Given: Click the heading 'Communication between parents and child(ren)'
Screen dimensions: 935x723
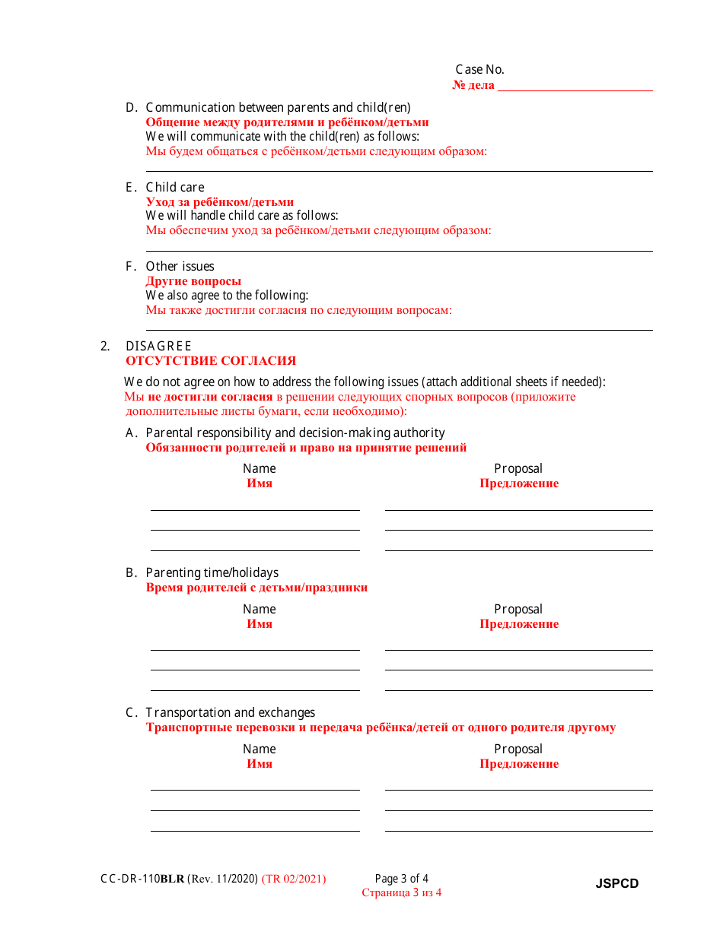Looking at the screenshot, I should [278, 107].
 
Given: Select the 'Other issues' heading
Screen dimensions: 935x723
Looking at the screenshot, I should [180, 266].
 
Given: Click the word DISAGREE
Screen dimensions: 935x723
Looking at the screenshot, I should [158, 346].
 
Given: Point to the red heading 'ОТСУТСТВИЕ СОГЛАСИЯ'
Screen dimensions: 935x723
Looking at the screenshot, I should [211, 361].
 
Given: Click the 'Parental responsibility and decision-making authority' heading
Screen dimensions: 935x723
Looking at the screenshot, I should [295, 433].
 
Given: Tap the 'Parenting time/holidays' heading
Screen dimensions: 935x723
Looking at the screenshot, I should [212, 572].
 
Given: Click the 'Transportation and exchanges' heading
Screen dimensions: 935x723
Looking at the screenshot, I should [230, 712].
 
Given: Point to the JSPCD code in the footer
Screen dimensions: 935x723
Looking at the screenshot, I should [616, 883].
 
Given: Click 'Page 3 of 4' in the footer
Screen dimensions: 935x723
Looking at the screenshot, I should [402, 879].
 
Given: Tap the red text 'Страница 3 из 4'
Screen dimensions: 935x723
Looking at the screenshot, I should [402, 893].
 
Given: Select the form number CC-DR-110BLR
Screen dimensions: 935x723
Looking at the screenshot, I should [142, 879].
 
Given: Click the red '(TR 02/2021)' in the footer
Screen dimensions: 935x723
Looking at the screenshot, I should [294, 879].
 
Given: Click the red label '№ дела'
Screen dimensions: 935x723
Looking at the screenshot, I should [473, 85].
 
